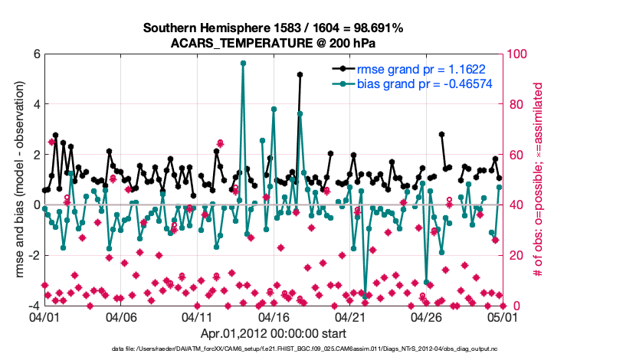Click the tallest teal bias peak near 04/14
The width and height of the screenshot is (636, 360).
(243, 64)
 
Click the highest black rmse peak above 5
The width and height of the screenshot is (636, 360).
(300, 74)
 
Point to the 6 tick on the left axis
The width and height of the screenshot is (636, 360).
(35, 54)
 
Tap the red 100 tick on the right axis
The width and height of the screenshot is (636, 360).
(520, 54)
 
